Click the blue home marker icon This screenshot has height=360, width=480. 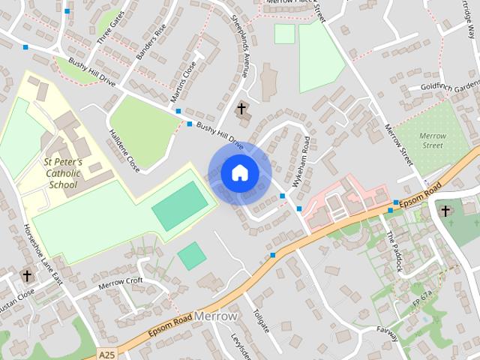pos(239,173)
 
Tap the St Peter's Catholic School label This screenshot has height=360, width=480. pos(63,172)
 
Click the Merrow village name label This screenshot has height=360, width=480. pos(215,316)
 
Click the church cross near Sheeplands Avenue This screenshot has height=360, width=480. pos(241,109)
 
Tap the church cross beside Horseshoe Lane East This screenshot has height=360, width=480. pos(27,276)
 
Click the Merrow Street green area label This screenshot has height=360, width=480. pos(433,141)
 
